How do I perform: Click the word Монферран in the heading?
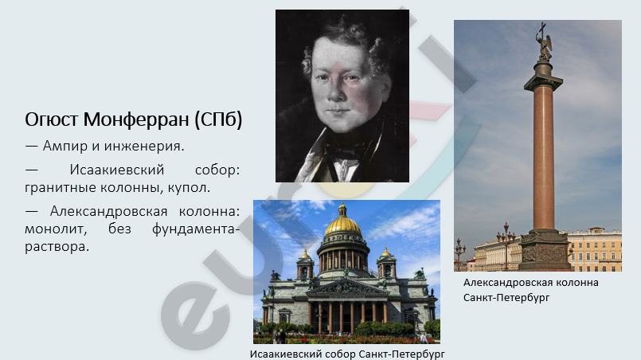pos(136,119)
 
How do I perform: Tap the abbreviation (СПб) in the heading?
pos(218,119)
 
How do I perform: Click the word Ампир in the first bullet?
pos(64,147)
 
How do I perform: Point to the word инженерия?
pos(144,146)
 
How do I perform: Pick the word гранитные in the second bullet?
pos(61,188)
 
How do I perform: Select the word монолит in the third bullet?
pos(56,229)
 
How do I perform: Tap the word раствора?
pos(57,247)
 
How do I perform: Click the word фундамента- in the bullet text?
pos(196,229)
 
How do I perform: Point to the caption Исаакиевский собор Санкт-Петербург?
pos(347,354)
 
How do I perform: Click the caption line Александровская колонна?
pos(530,282)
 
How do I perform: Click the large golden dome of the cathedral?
pos(343,226)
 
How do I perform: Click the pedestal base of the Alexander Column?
pos(545,250)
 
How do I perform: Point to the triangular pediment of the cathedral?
pos(347,288)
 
